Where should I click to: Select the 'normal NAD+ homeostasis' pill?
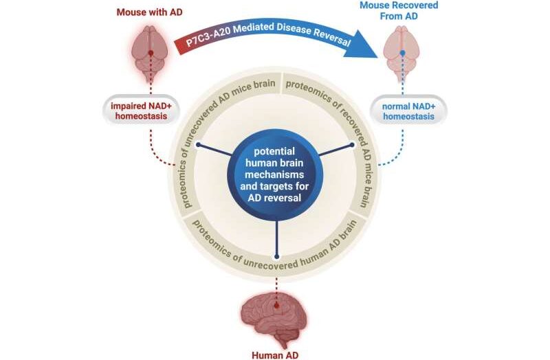coord(410,111)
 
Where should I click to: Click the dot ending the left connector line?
coord(198,144)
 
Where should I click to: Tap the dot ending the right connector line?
coord(352,144)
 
